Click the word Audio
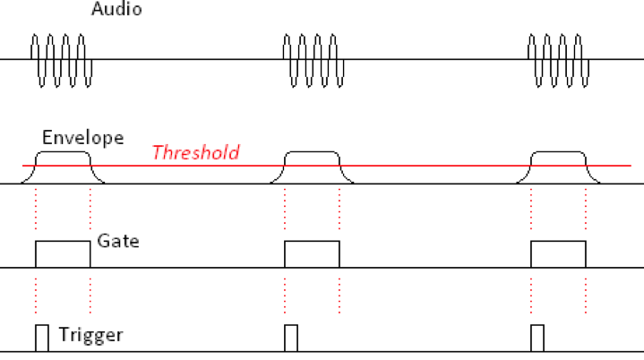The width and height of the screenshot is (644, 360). pos(116,11)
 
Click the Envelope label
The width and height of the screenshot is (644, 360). pos(82,139)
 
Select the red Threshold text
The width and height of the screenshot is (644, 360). pos(195,152)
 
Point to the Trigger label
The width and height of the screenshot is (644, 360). pos(90,336)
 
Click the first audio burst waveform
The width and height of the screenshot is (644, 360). pos(61,60)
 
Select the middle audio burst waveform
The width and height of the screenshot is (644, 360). pos(310,60)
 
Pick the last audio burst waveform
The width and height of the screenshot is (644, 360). pos(558,60)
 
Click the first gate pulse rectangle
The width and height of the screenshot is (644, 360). pos(63,254)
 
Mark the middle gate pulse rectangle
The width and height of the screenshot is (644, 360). pos(312,254)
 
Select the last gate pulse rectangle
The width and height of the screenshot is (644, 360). pos(558,254)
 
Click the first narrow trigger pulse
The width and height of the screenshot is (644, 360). pos(41,338)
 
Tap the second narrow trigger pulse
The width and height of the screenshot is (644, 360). pos(290,338)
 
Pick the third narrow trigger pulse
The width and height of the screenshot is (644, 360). pos(537,338)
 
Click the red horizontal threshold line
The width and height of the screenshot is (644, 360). pos(430,166)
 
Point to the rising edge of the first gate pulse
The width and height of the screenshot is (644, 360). pos(35,254)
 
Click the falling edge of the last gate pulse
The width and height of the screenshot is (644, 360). pos(586,254)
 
